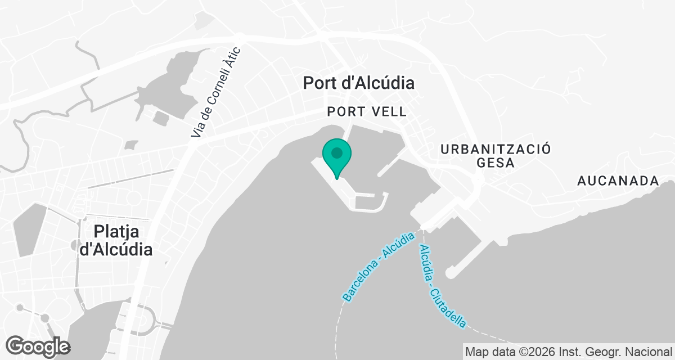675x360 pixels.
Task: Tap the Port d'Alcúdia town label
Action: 358,83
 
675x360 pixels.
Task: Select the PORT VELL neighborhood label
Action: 366,112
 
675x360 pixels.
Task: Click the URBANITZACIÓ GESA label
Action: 496,156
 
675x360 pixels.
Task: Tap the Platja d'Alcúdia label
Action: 116,240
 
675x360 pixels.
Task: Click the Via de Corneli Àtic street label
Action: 216,93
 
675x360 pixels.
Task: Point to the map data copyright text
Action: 568,352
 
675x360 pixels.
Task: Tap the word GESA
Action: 496,163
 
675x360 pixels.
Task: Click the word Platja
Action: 117,231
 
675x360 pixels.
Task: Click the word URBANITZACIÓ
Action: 496,149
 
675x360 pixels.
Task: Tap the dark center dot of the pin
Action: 337,152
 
